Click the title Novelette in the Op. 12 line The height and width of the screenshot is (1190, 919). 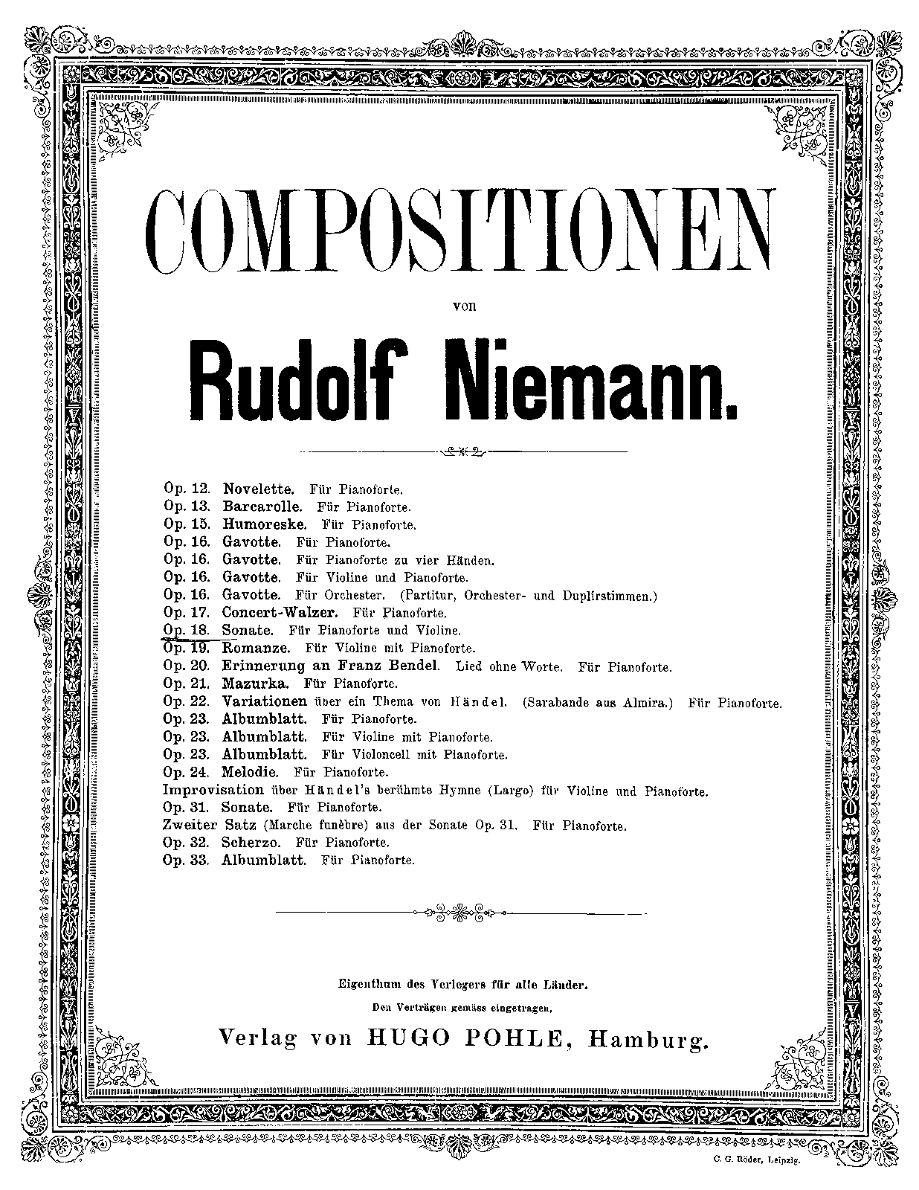point(258,489)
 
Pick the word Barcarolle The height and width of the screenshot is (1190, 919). point(262,507)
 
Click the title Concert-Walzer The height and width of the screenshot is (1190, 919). point(280,613)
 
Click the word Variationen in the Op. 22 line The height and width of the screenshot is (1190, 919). point(264,701)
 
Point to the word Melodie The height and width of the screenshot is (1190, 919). point(249,772)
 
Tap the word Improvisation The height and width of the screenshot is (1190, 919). point(213,790)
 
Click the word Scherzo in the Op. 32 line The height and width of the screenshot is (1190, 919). point(251,843)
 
